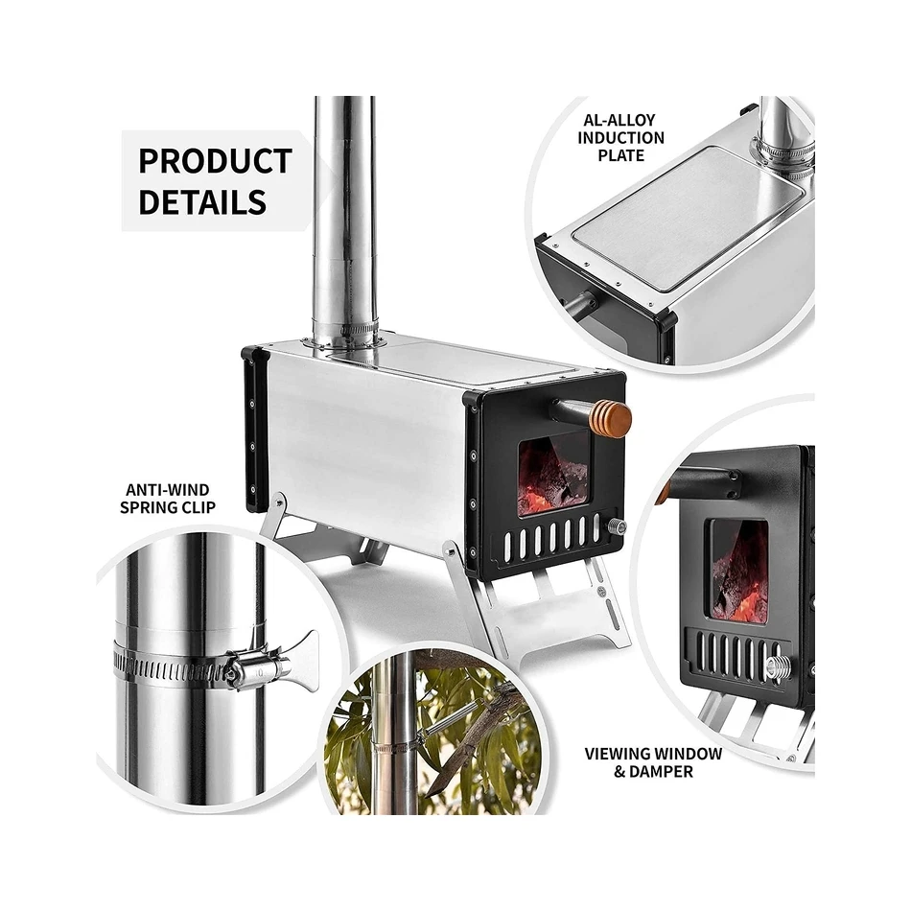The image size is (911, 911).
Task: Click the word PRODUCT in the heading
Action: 215,161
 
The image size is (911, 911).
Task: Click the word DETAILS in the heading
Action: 202,201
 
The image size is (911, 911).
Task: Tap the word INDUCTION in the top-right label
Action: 620,138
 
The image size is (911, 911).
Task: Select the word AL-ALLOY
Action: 619,120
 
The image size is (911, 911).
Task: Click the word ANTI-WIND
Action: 167,490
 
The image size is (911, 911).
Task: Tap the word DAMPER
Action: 662,772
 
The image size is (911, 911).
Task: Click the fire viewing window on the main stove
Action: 552,474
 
